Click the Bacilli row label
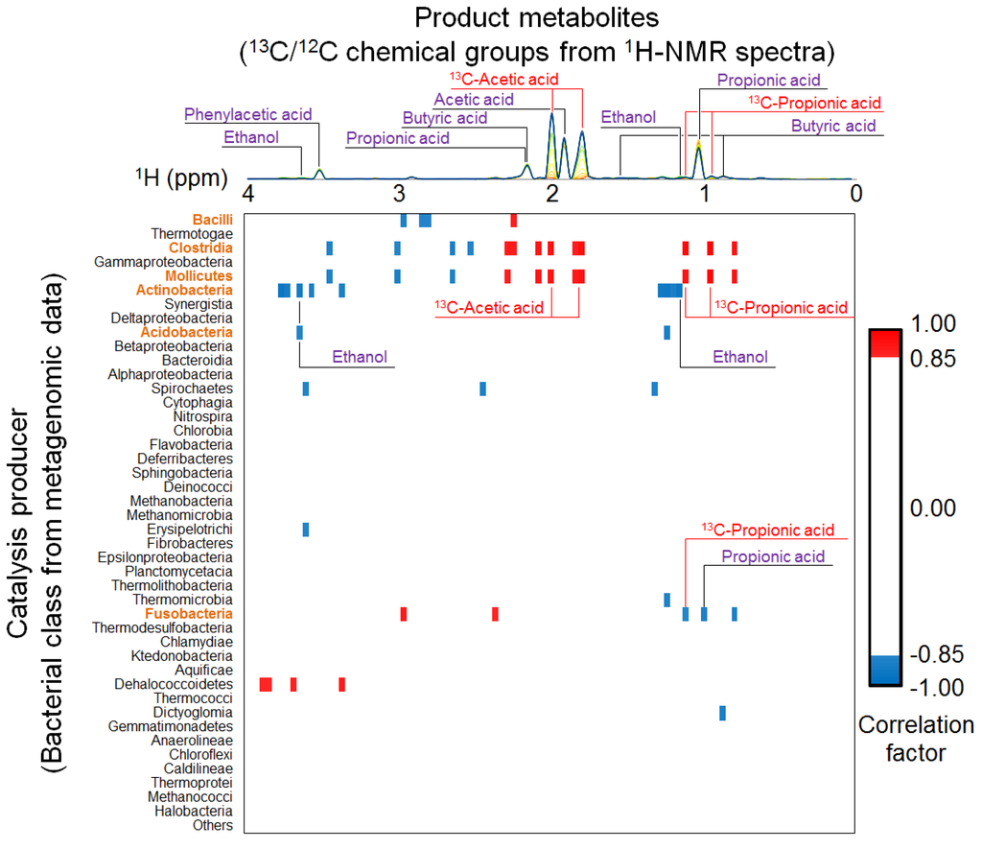[213, 220]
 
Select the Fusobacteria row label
[189, 613]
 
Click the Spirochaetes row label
[192, 389]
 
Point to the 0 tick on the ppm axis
[856, 193]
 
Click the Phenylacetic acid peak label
[248, 114]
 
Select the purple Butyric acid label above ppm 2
[445, 118]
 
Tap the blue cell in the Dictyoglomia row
[722, 713]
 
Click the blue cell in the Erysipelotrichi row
[306, 530]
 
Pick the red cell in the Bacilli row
[514, 221]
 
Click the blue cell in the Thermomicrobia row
[666, 600]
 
